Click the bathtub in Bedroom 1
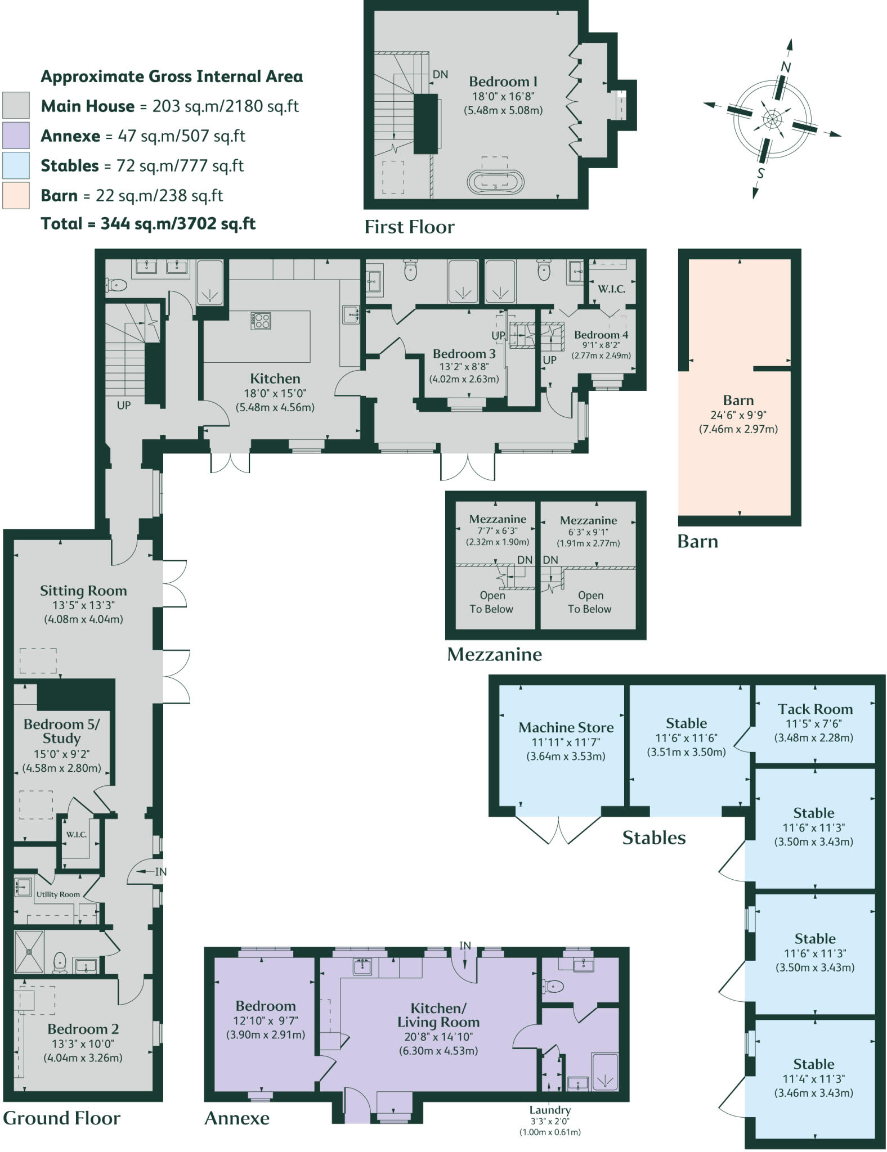[x=495, y=182]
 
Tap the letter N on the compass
[x=786, y=67]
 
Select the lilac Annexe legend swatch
[x=16, y=136]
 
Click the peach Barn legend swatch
[x=16, y=195]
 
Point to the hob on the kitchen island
[x=261, y=321]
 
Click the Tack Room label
[x=815, y=709]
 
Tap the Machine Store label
[x=566, y=727]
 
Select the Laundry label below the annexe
[x=550, y=1110]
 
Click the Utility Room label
[x=58, y=894]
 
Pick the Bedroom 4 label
[x=601, y=335]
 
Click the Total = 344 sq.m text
[x=148, y=224]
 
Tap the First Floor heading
[x=409, y=227]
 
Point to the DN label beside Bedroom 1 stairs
[x=440, y=74]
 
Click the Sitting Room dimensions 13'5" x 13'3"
[x=83, y=605]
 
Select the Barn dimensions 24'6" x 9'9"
[x=738, y=415]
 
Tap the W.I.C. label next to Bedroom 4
[x=611, y=289]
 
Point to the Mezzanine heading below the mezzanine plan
[x=494, y=654]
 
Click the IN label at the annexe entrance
[x=465, y=946]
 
